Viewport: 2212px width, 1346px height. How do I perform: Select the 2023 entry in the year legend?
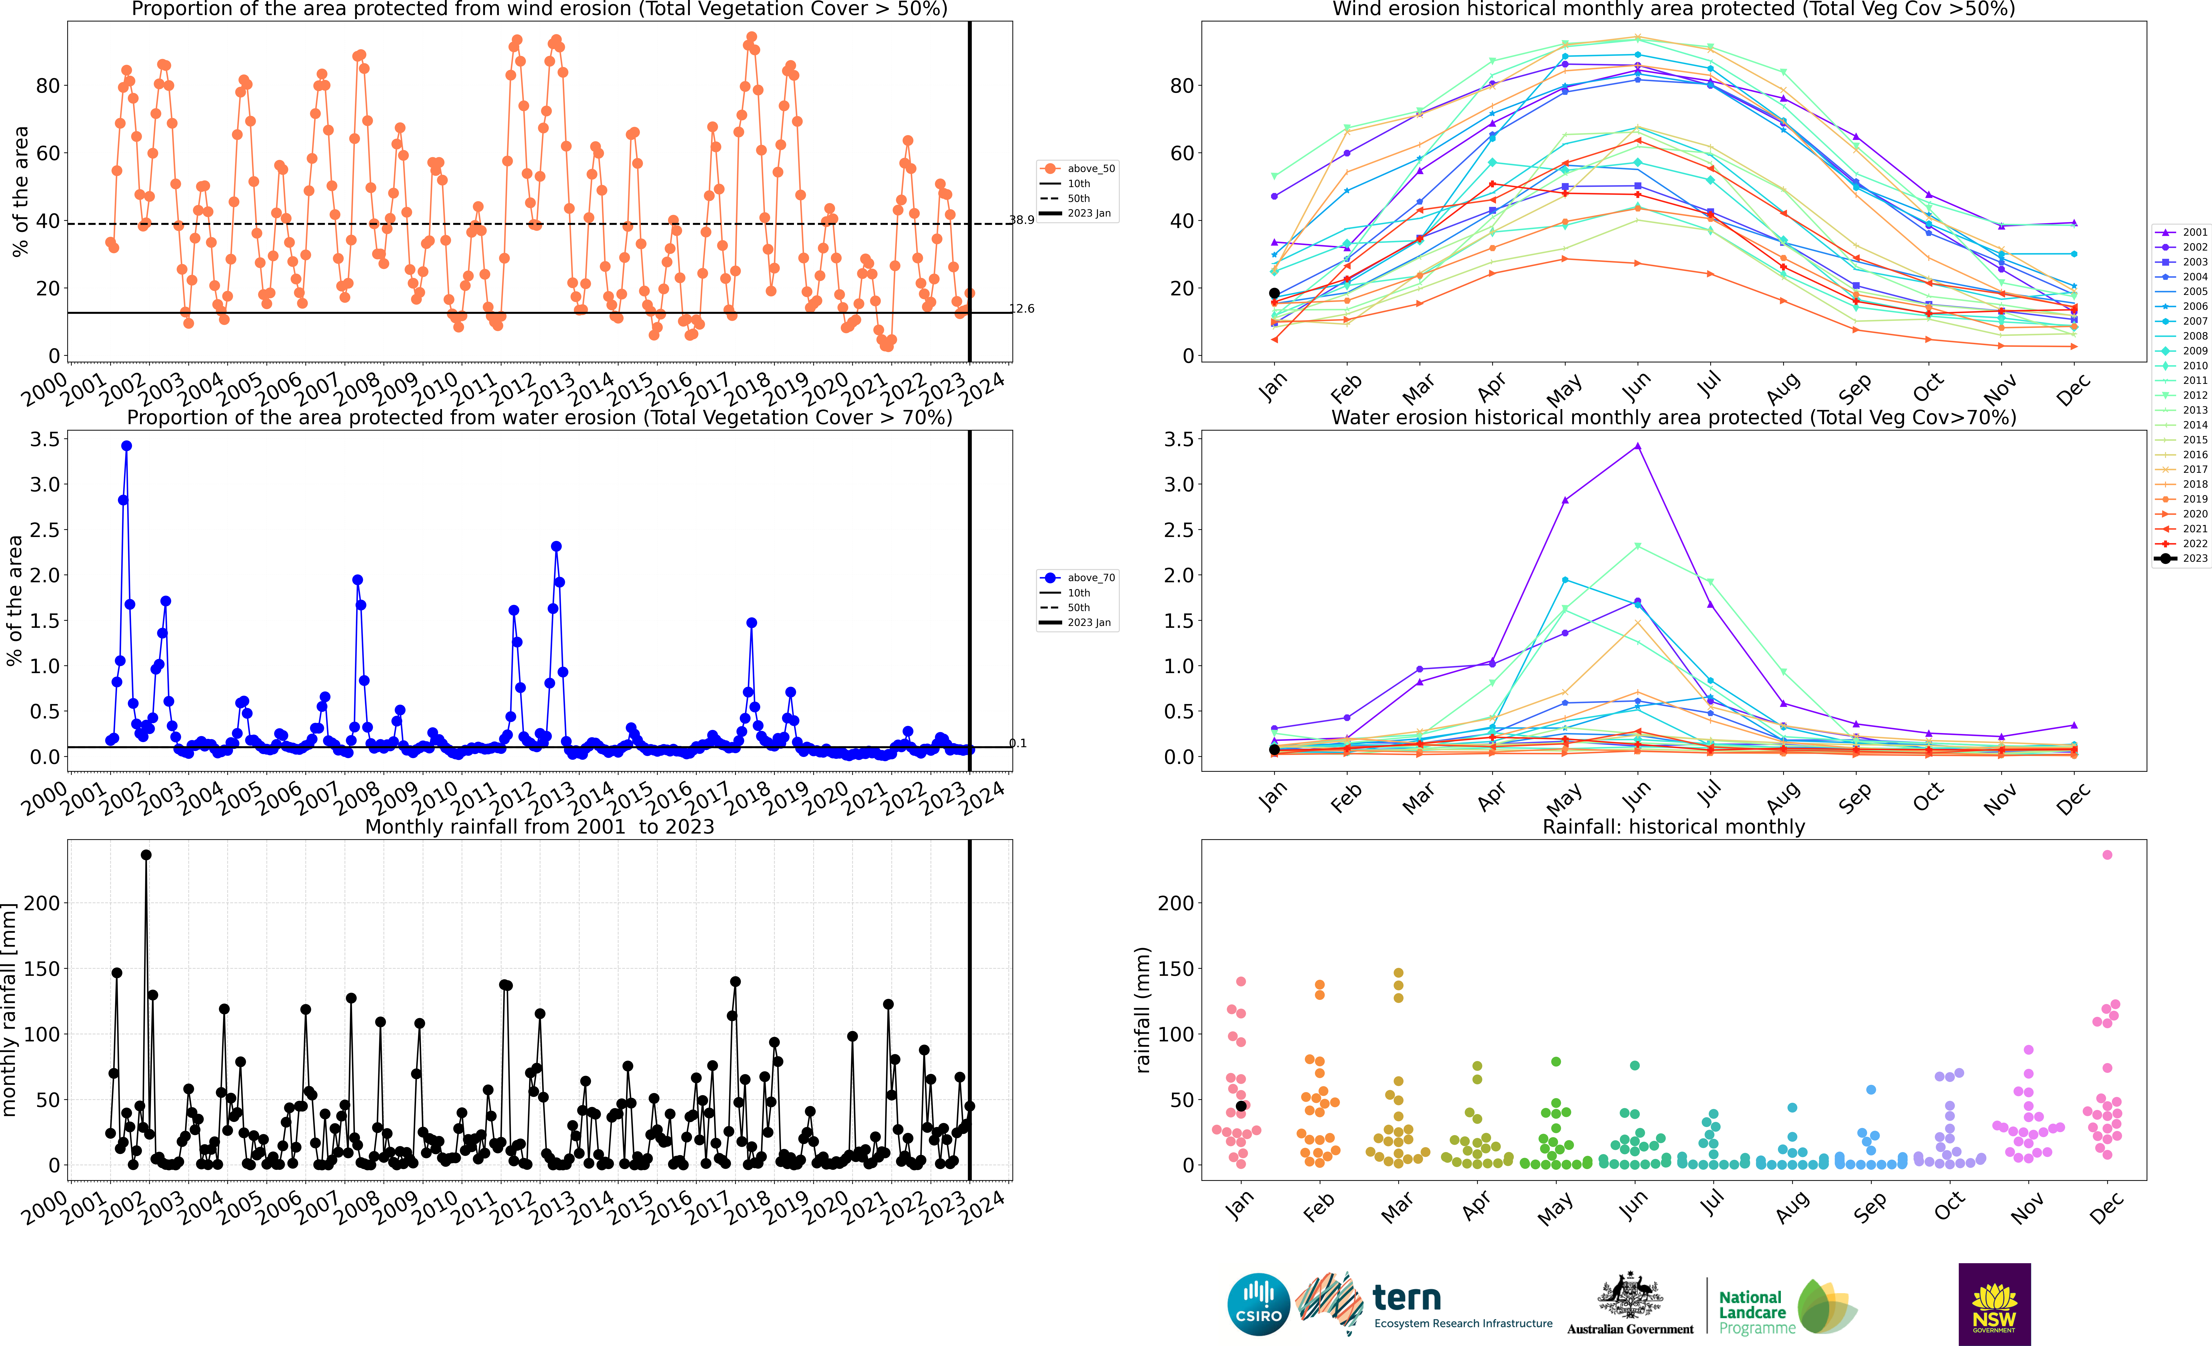coord(2182,558)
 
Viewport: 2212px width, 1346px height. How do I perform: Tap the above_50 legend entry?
coord(1077,169)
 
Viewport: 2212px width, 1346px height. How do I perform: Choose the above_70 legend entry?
coord(1077,578)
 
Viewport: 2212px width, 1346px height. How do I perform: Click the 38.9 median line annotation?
coord(1022,220)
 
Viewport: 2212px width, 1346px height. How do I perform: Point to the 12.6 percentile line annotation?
coord(1022,309)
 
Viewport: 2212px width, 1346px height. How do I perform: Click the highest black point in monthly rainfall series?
coord(146,855)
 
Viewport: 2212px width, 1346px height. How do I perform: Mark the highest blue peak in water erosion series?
coord(126,446)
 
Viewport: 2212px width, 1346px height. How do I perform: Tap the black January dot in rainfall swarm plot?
coord(1242,1107)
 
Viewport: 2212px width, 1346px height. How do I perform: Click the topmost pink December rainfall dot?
coord(2108,855)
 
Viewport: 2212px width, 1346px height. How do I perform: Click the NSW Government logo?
coord(1995,1304)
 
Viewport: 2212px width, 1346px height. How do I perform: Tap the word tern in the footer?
coord(1407,1298)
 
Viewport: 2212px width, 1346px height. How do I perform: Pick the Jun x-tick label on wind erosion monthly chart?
coord(1636,387)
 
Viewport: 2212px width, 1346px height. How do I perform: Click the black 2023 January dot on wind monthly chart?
coord(1274,294)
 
